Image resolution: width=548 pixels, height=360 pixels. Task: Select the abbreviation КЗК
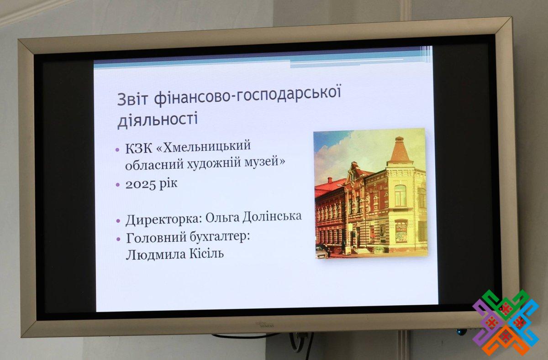(x=138, y=148)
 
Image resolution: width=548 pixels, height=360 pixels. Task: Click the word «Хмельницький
(x=203, y=147)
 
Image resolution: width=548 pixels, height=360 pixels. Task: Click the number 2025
(x=141, y=184)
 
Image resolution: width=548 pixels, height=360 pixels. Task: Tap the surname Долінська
(x=272, y=216)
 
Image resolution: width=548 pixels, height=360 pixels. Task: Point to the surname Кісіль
(x=206, y=253)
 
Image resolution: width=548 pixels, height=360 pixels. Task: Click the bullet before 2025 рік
(x=118, y=185)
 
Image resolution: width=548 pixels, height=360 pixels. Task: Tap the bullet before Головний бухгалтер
(x=119, y=239)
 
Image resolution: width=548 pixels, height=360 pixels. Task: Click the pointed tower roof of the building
(x=399, y=150)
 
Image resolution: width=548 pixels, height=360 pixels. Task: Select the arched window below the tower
(x=400, y=196)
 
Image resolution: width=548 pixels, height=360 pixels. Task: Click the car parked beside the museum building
(x=322, y=251)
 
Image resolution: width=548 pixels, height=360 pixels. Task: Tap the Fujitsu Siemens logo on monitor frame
(x=265, y=325)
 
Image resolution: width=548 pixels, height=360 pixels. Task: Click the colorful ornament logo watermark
(x=506, y=323)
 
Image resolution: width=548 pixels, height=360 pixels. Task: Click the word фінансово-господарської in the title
(x=248, y=95)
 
